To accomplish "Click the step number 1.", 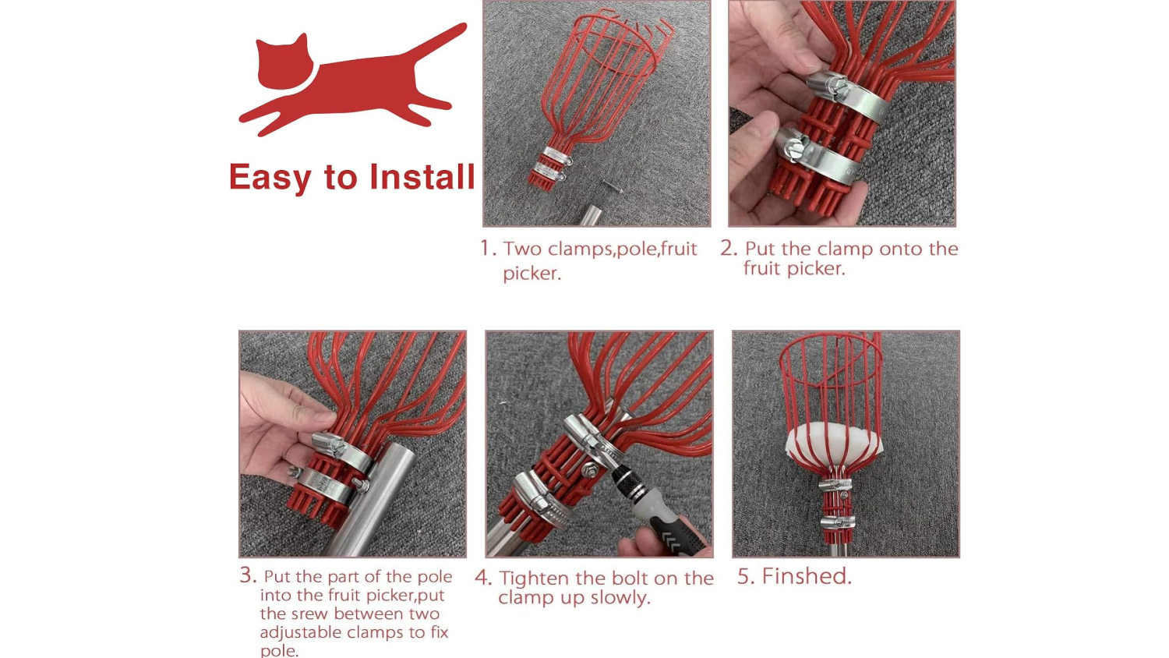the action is [x=488, y=248].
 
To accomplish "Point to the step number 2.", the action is [x=729, y=248].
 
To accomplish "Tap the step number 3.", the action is [x=249, y=575].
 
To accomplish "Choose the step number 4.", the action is [x=482, y=578].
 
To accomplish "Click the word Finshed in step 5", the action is [x=807, y=576].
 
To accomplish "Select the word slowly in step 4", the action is [x=620, y=598].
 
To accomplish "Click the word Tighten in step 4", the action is [x=536, y=578].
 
